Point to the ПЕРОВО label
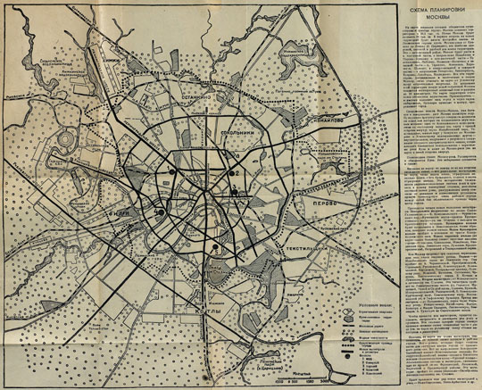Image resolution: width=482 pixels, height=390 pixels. tap(320, 202)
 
